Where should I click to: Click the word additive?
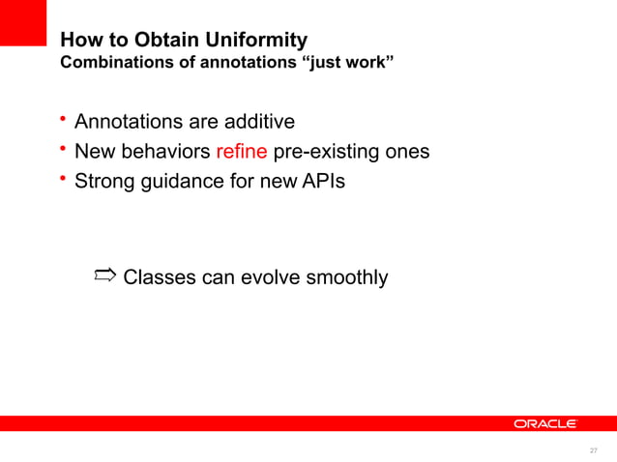tap(256, 122)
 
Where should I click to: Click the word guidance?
tap(185, 181)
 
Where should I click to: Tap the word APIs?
tap(319, 181)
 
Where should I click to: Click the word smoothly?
tap(347, 278)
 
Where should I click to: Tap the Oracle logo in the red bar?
tap(544, 423)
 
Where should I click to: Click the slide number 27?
tap(593, 450)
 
